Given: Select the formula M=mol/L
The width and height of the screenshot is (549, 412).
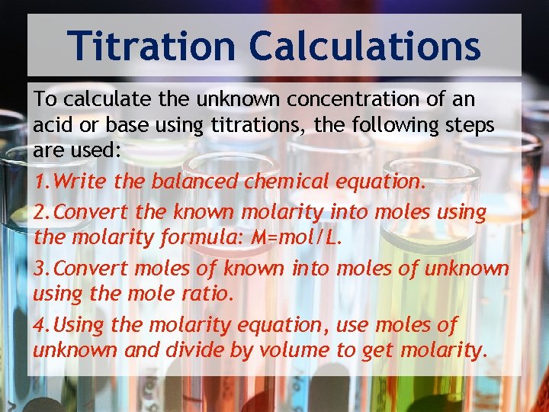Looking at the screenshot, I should click(x=297, y=237).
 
